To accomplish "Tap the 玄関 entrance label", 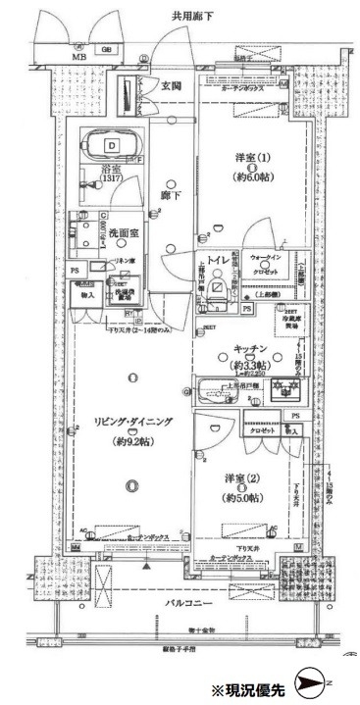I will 171,86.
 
